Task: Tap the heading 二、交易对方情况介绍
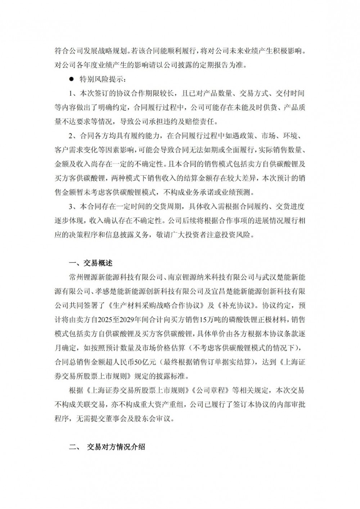(x=107, y=447)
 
